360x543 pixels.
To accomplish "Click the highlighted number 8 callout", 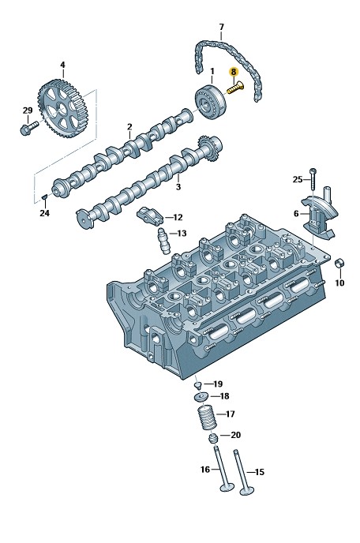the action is click(234, 72).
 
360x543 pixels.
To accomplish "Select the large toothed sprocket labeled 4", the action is click(63, 108).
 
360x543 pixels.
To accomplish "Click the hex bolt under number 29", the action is click(28, 128).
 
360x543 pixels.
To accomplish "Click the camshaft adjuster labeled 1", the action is click(210, 102).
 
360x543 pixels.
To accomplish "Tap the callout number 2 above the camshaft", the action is click(129, 127).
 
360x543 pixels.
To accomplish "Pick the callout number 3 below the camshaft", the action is click(178, 187).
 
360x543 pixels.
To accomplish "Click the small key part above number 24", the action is click(43, 197).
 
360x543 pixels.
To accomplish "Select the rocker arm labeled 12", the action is click(150, 216).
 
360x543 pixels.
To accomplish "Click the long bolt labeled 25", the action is click(313, 178).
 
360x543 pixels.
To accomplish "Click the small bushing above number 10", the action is click(339, 264).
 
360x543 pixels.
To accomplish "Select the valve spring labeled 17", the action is click(207, 418).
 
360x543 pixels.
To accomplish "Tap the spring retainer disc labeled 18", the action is click(201, 396).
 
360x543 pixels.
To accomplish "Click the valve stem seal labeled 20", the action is click(212, 438).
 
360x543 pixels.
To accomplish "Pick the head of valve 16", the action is click(227, 487).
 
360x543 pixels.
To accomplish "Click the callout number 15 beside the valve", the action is click(259, 472).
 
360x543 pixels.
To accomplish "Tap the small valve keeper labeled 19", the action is click(197, 385).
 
